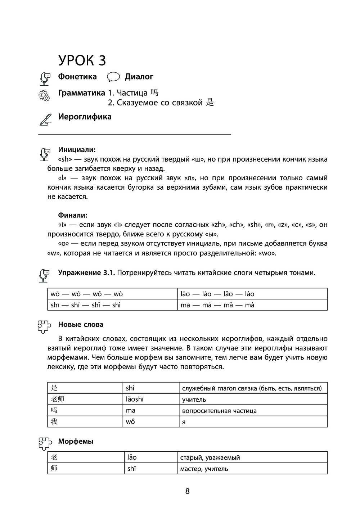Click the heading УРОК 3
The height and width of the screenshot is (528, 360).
pyautogui.click(x=82, y=60)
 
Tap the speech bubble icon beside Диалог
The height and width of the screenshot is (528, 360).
pyautogui.click(x=113, y=77)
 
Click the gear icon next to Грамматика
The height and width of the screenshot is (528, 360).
pyautogui.click(x=44, y=96)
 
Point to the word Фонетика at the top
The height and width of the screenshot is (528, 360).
pyautogui.click(x=77, y=77)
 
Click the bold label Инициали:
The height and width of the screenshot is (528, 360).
pyautogui.click(x=77, y=150)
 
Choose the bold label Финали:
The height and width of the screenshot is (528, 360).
pyautogui.click(x=73, y=215)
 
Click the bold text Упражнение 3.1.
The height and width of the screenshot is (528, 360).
pyautogui.click(x=86, y=272)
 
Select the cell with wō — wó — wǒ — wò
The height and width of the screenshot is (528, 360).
pyautogui.click(x=87, y=294)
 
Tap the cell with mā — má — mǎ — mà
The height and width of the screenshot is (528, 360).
pyautogui.click(x=217, y=305)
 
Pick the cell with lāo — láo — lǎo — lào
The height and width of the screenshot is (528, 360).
pyautogui.click(x=217, y=294)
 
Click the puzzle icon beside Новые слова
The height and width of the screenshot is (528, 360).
pyautogui.click(x=45, y=326)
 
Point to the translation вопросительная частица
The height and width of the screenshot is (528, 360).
pyautogui.click(x=219, y=411)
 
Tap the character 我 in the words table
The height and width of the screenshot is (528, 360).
pyautogui.click(x=54, y=421)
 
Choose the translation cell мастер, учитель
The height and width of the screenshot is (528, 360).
pyautogui.click(x=204, y=469)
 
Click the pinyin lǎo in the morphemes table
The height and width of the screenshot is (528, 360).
pyautogui.click(x=132, y=457)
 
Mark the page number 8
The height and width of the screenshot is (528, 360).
pyautogui.click(x=187, y=491)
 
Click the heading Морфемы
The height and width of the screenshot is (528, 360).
pyautogui.click(x=76, y=441)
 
